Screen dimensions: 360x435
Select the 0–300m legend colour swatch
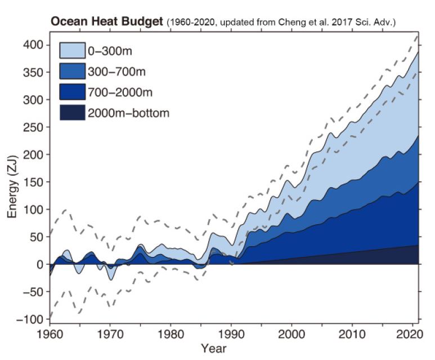pyautogui.click(x=72, y=50)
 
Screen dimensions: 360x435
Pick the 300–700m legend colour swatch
pyautogui.click(x=72, y=71)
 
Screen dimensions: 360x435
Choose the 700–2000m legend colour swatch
pyautogui.click(x=72, y=92)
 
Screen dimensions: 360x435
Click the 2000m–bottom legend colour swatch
pyautogui.click(x=72, y=113)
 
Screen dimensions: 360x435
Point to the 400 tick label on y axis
pyautogui.click(x=34, y=45)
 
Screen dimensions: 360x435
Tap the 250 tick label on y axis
pyautogui.click(x=34, y=127)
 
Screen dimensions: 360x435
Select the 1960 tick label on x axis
pyautogui.click(x=50, y=334)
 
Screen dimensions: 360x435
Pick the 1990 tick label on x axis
pyautogui.click(x=232, y=334)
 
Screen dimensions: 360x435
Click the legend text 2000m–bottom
pyautogui.click(x=128, y=113)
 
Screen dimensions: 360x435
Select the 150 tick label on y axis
pyautogui.click(x=34, y=182)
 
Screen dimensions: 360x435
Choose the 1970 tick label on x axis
pyautogui.click(x=111, y=334)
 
